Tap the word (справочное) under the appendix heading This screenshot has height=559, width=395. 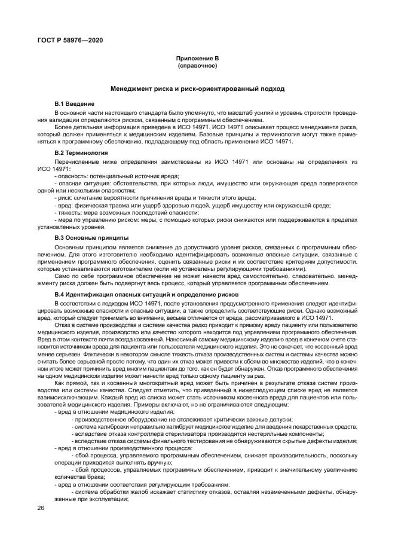(197, 66)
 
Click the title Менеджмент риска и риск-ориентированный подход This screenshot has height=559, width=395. (197, 88)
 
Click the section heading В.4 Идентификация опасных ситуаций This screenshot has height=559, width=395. (146, 295)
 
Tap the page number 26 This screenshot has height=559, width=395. (41, 508)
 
